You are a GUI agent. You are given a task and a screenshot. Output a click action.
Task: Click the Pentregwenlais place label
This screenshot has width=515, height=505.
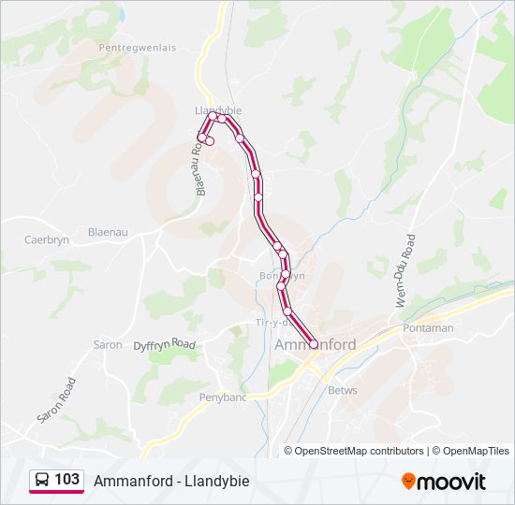tap(137, 45)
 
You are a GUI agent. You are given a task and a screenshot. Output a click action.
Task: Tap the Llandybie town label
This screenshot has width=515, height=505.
tap(217, 109)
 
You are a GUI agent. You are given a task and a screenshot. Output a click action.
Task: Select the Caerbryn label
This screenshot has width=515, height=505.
tap(47, 240)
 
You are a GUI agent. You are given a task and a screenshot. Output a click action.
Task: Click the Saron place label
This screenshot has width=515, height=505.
tap(108, 344)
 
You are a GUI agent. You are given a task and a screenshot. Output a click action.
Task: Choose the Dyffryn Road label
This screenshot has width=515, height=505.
tap(165, 345)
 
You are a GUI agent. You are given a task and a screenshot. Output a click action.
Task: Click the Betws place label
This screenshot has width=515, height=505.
tap(343, 390)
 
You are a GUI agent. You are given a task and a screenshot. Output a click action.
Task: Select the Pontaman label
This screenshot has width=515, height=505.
tap(427, 329)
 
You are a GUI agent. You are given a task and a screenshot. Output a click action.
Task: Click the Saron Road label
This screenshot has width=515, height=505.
tap(54, 399)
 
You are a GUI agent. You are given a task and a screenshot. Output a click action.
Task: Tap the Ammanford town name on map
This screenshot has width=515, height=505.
tap(316, 344)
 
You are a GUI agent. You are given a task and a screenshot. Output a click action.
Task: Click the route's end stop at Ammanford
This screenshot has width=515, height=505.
tap(313, 343)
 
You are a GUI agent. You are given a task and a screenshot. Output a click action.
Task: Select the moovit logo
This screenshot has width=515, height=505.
tap(444, 482)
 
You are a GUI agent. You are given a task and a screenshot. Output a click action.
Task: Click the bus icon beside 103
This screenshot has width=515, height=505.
tap(42, 480)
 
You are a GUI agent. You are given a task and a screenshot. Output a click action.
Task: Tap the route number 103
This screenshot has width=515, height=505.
tap(66, 480)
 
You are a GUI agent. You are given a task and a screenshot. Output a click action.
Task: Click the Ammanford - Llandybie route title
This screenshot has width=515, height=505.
tap(171, 481)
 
